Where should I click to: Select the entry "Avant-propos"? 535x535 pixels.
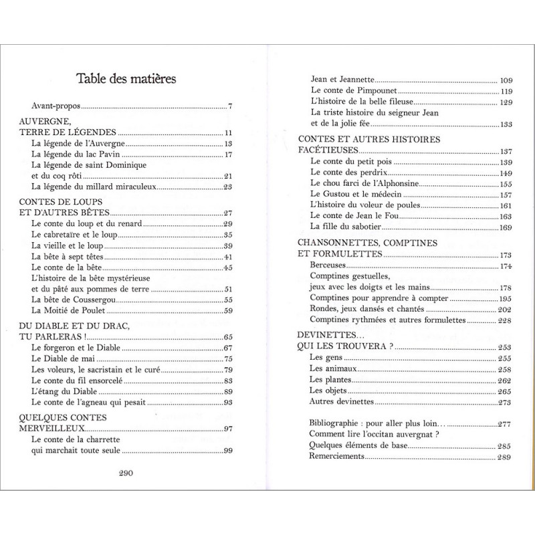point(56,106)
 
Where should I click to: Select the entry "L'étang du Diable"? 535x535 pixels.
point(64,391)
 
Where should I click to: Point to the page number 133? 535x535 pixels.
point(506,124)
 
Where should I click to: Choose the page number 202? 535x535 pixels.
point(505,310)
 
